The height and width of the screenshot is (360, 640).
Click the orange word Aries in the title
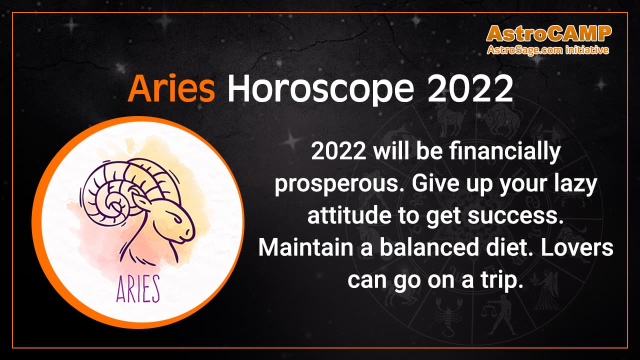click(171, 89)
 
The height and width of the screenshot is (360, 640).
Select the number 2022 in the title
click(471, 89)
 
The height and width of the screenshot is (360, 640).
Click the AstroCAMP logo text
click(548, 33)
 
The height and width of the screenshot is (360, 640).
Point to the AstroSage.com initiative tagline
click(548, 50)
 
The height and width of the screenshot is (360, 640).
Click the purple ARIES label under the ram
click(137, 289)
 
